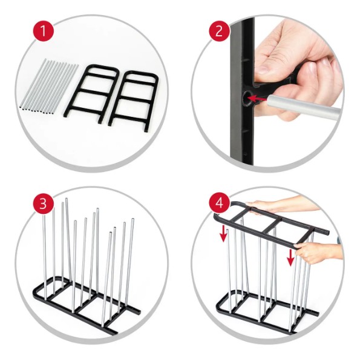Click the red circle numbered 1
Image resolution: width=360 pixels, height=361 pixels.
point(43,31)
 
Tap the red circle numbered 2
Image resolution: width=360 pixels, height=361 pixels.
point(219,31)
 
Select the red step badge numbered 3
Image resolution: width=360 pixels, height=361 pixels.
point(43,204)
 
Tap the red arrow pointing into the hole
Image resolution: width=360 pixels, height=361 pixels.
point(258,99)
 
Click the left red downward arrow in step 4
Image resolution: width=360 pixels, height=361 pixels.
point(223,234)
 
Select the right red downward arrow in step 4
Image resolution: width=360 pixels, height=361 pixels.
point(290,257)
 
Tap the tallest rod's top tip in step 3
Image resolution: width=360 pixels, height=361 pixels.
point(67,199)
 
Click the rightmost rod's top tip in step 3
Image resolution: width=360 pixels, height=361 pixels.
point(133,219)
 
